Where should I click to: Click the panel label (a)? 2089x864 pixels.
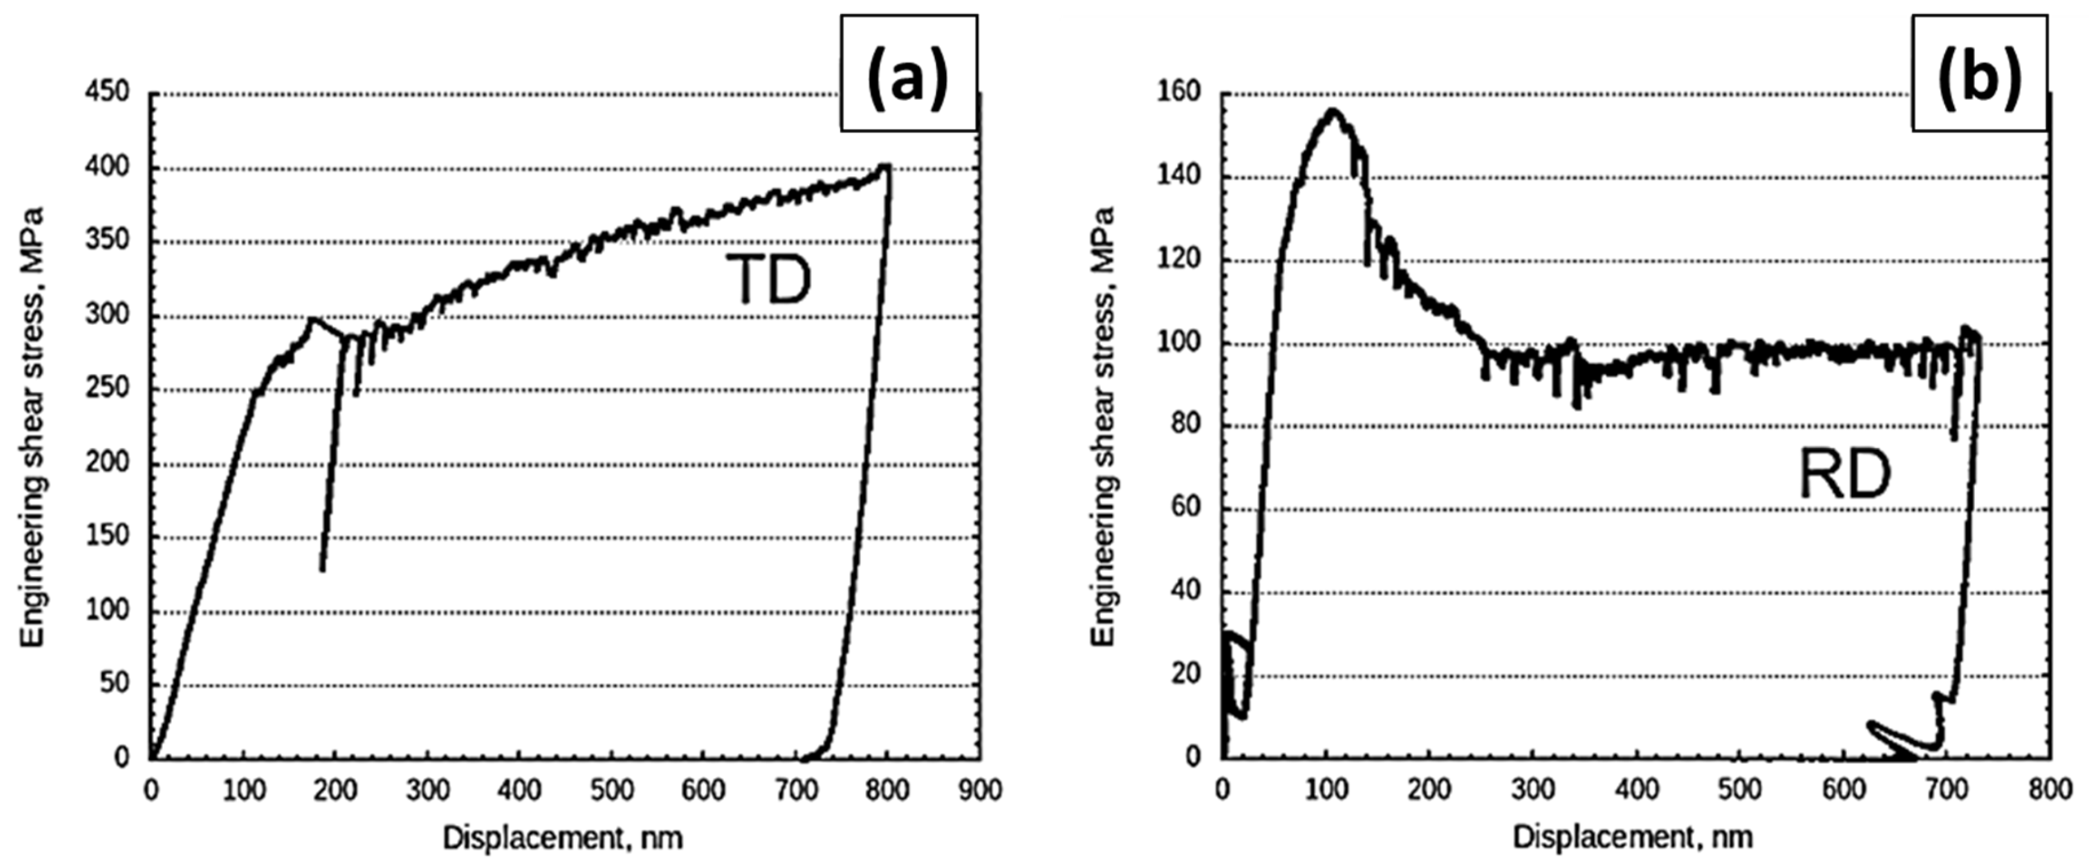pos(908,73)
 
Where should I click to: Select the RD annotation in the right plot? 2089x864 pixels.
pos(1844,475)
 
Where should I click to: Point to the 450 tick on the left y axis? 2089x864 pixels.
pos(108,92)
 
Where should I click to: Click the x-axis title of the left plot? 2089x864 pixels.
pos(562,838)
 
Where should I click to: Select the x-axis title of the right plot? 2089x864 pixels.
pos(1632,838)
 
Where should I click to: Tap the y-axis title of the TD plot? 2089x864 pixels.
pos(32,427)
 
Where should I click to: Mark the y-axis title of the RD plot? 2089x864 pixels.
pos(1103,427)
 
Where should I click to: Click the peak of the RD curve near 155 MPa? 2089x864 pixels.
pos(1331,111)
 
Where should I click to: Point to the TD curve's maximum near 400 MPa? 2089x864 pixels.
pos(886,166)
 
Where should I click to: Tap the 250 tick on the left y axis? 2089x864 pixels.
pos(108,388)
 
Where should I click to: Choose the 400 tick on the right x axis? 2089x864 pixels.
pos(1637,789)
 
